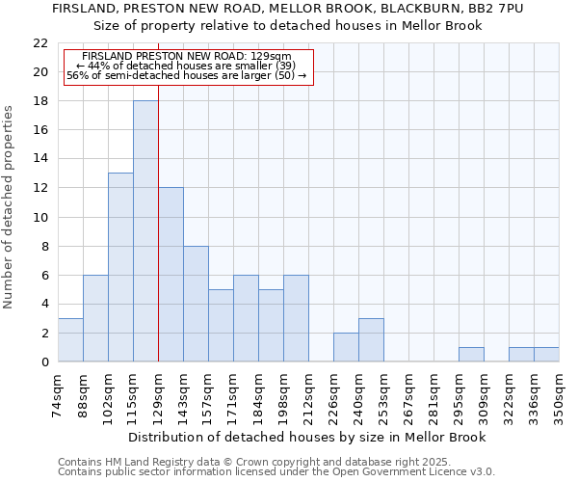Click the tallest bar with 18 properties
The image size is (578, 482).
[x=145, y=231]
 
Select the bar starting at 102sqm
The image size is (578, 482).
[x=120, y=267]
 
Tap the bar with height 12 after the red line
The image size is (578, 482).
[x=171, y=275]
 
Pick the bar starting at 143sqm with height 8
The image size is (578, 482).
[x=196, y=304]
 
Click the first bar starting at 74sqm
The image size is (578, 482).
[x=70, y=339]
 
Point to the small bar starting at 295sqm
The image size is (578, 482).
[x=471, y=354]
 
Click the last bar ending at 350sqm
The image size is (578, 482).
[x=546, y=354]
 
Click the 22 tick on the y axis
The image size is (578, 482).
[x=40, y=43]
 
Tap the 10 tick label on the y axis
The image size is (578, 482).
[x=40, y=217]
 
